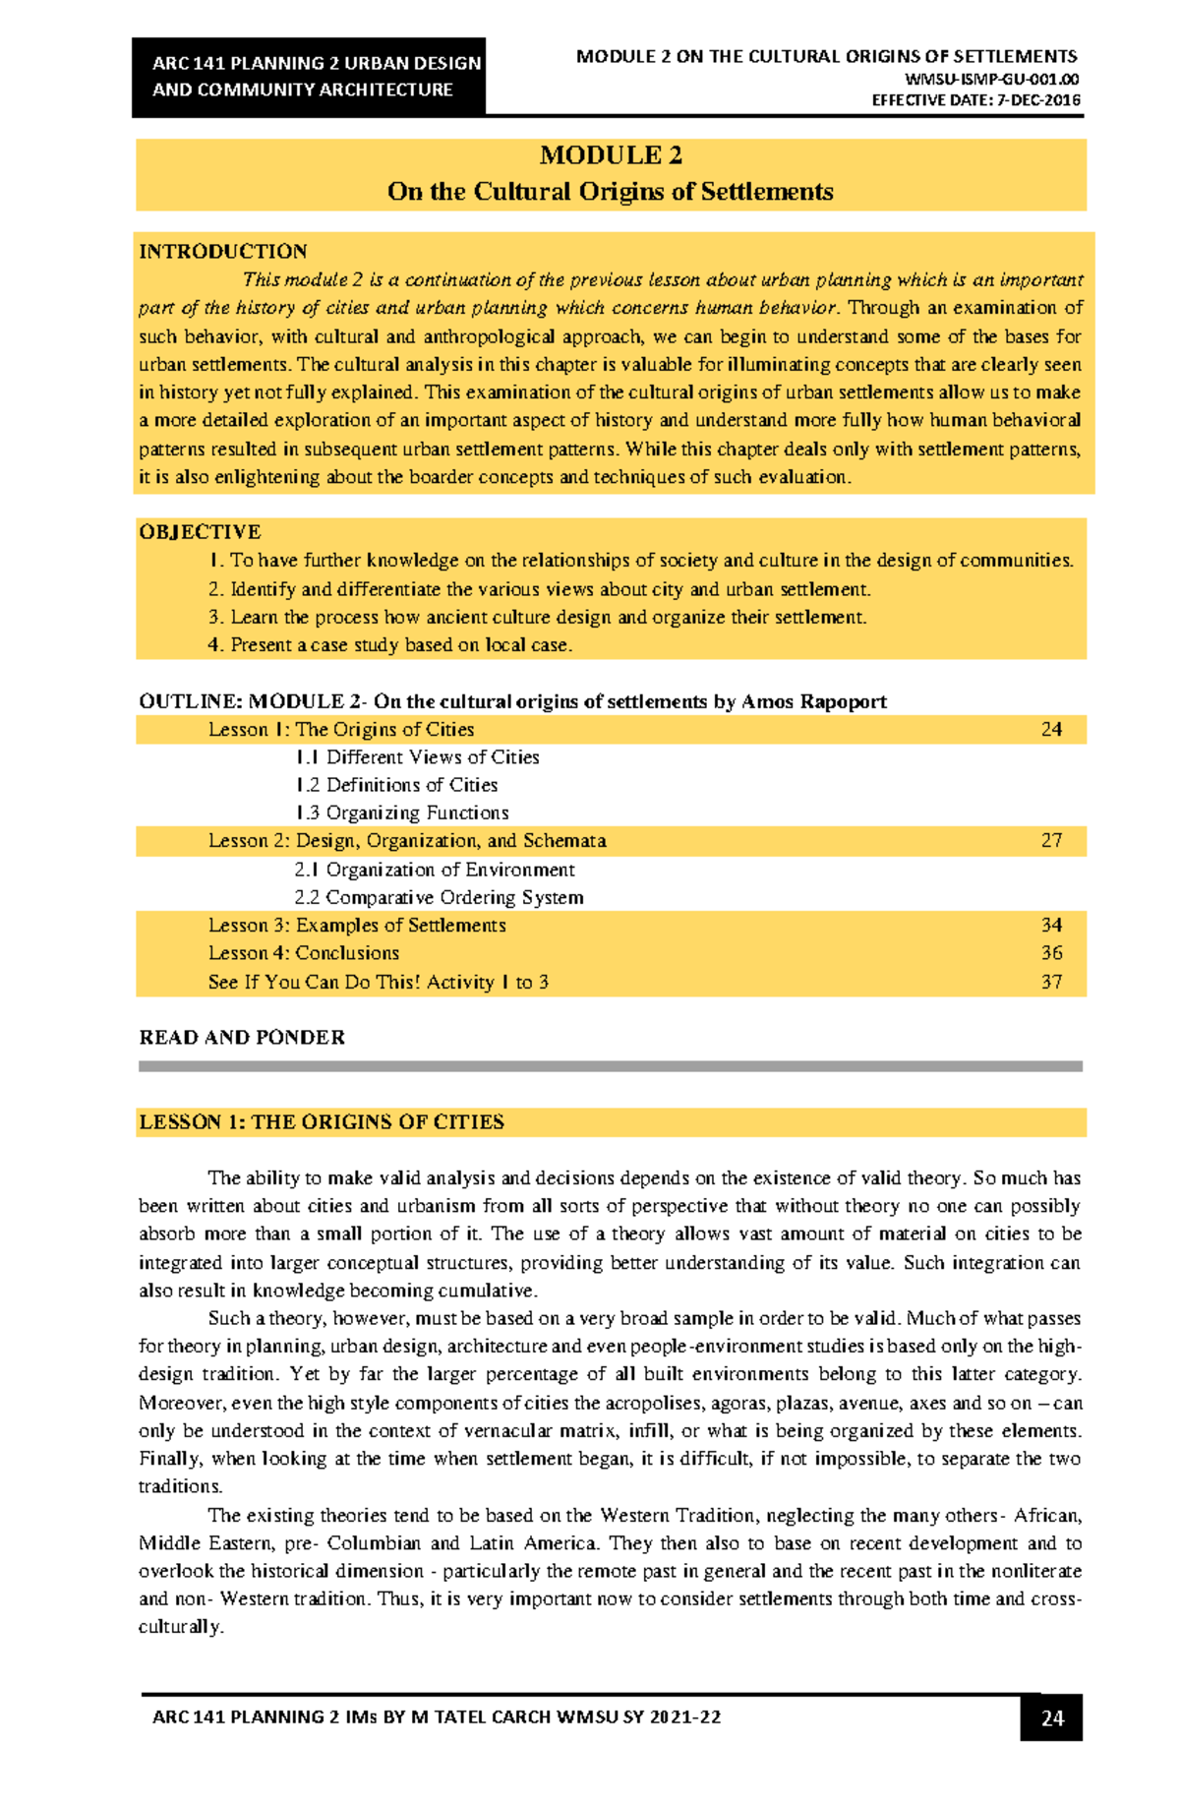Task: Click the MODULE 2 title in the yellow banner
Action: click(x=610, y=155)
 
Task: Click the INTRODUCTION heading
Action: click(x=223, y=251)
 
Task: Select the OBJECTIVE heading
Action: click(x=200, y=532)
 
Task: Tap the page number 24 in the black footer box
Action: click(x=1051, y=1717)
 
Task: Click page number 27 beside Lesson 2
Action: click(x=1051, y=841)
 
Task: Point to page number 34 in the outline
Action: click(x=1051, y=926)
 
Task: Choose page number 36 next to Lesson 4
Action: click(x=1051, y=953)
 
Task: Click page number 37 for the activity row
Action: click(x=1051, y=982)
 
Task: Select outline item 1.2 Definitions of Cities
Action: click(x=396, y=785)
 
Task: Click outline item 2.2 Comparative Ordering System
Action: click(x=439, y=897)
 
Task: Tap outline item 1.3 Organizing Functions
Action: click(x=401, y=812)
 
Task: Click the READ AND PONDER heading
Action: click(x=242, y=1038)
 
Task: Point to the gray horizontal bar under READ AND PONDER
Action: click(x=610, y=1065)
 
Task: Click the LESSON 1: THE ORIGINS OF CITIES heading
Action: click(x=322, y=1122)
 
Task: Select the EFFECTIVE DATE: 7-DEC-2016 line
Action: click(x=975, y=100)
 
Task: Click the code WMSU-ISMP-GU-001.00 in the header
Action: click(x=991, y=80)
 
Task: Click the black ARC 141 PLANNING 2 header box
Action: click(x=309, y=77)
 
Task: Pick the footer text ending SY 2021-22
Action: click(x=437, y=1717)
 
